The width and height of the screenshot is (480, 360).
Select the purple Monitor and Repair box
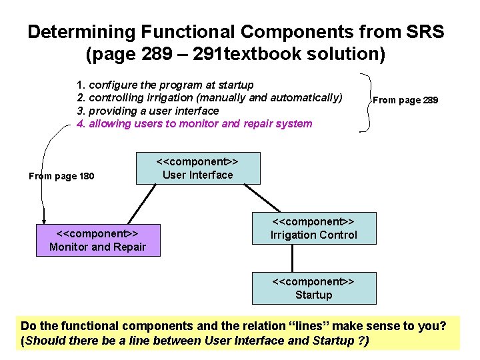click(97, 240)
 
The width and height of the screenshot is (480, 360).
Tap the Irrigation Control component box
click(313, 228)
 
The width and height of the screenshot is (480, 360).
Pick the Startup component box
click(313, 288)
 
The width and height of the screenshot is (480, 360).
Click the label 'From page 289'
click(405, 100)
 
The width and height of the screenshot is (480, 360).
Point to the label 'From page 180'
click(61, 177)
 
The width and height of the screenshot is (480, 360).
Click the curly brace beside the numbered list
click(367, 101)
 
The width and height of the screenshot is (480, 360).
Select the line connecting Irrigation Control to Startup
click(313, 258)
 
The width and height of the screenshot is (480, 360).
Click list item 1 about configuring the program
click(165, 85)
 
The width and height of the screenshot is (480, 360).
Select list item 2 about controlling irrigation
click(209, 98)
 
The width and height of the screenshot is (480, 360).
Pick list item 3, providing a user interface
click(148, 111)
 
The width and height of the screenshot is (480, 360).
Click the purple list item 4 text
click(194, 123)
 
